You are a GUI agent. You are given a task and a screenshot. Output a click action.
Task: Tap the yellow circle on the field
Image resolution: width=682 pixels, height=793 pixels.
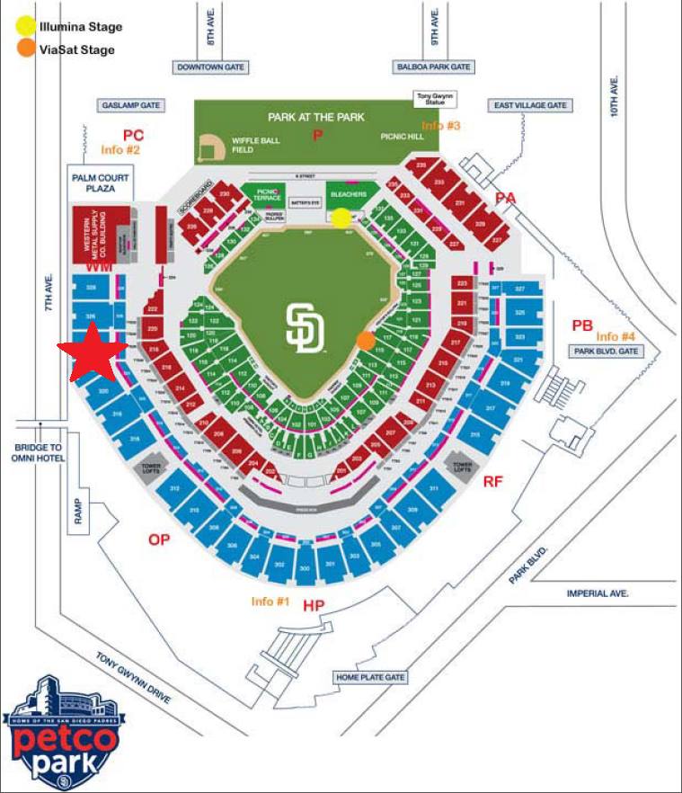[341, 217]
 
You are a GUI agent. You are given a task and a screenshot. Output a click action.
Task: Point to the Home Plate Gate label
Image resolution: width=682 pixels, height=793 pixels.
[370, 677]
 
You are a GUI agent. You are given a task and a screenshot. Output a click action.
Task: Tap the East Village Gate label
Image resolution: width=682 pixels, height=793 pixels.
[530, 105]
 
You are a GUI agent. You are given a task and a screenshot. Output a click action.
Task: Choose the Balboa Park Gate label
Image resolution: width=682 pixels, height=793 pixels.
[433, 67]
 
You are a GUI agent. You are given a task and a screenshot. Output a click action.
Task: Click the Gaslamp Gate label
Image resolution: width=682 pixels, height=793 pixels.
[132, 105]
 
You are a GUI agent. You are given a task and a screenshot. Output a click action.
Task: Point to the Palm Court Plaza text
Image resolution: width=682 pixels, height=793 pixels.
[101, 183]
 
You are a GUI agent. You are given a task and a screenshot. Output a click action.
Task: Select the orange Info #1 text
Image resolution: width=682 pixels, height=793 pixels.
[270, 601]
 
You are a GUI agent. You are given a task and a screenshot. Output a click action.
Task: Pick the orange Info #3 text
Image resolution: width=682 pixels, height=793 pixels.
[440, 126]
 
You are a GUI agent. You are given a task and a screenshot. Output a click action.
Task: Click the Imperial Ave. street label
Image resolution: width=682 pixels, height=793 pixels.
[598, 593]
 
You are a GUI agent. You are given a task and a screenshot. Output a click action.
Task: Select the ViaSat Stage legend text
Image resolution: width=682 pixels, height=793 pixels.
[77, 49]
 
